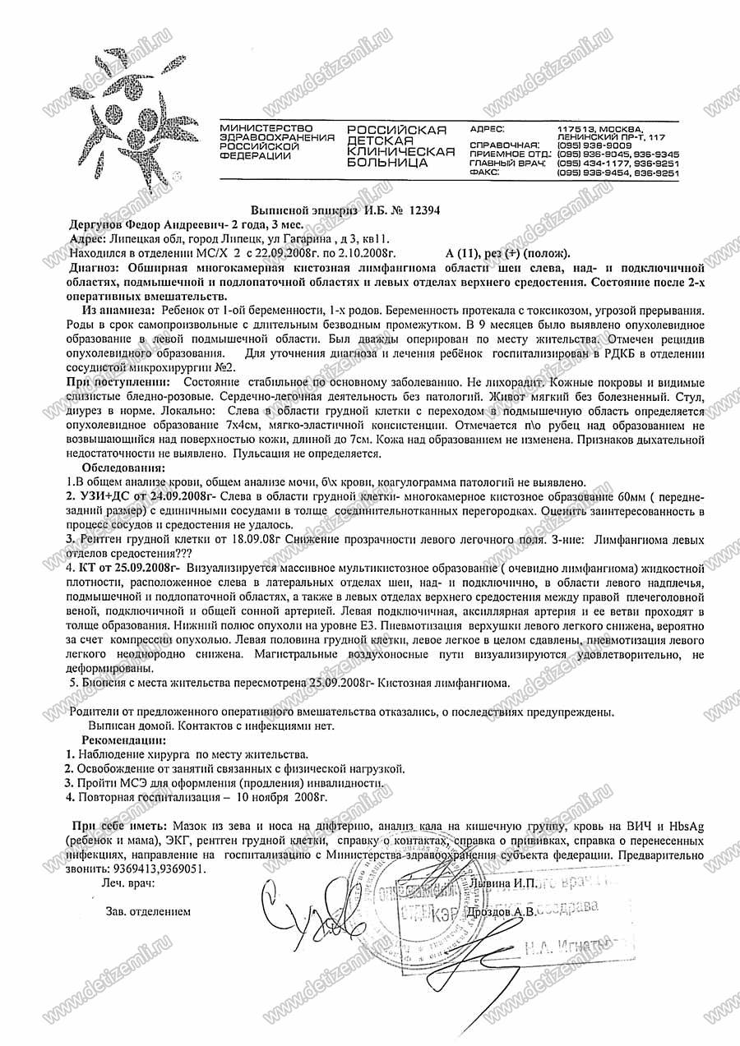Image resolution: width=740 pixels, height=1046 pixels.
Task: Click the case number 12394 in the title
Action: [419, 210]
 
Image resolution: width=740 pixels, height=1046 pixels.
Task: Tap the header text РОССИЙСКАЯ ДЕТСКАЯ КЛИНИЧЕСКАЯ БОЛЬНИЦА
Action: [400, 146]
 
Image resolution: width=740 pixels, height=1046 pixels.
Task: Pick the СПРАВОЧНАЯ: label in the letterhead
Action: [498, 144]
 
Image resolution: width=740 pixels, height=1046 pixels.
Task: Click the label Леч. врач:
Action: [127, 883]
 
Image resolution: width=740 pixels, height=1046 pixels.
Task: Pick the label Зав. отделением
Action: [148, 911]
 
